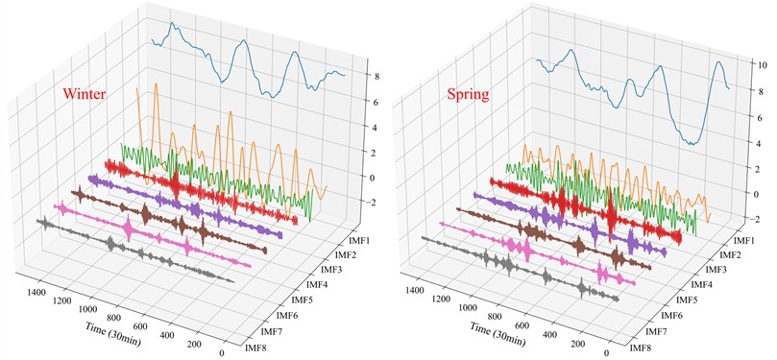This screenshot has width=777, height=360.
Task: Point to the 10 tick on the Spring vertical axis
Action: [x=759, y=66]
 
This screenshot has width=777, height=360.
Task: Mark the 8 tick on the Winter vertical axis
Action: [x=370, y=76]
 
